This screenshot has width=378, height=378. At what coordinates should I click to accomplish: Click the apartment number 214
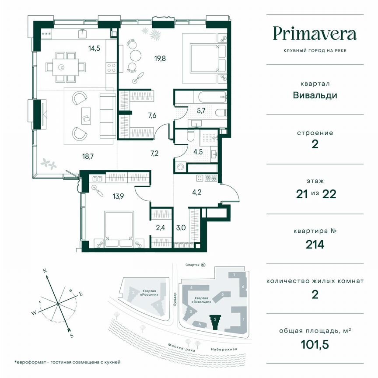click(x=315, y=244)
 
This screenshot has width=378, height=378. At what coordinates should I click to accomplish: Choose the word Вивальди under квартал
click(x=315, y=95)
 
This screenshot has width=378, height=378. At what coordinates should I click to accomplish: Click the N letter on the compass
click(x=45, y=271)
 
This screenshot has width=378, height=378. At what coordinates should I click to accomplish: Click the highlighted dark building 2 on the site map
click(x=215, y=322)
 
